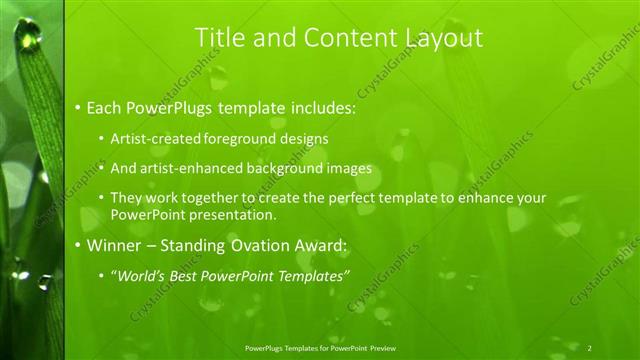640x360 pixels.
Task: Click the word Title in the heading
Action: click(x=217, y=38)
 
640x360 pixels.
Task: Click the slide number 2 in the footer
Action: click(x=590, y=347)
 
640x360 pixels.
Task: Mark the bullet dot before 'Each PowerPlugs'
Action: click(x=78, y=107)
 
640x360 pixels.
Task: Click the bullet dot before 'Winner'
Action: click(x=78, y=245)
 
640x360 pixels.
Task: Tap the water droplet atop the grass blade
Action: click(x=29, y=38)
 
